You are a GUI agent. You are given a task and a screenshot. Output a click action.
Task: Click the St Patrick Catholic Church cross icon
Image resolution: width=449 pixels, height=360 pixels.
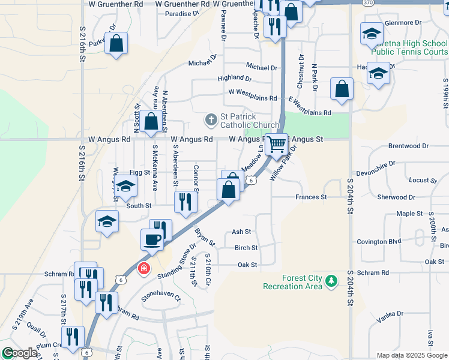[x=211, y=120]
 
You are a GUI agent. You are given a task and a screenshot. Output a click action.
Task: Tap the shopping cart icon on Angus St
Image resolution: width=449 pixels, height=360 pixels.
[x=276, y=144]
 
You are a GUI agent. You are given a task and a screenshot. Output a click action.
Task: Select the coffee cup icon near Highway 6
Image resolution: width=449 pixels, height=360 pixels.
[x=152, y=239]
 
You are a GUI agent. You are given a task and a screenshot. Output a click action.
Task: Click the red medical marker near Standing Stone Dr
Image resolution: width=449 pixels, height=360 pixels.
[x=143, y=268]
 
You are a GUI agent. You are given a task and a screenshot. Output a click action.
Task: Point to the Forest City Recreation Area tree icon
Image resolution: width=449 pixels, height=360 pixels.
[x=330, y=280]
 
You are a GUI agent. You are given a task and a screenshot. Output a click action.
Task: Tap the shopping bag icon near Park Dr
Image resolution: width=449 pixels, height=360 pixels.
[x=116, y=43]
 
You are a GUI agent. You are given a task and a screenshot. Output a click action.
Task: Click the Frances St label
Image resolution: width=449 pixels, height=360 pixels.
[x=311, y=197]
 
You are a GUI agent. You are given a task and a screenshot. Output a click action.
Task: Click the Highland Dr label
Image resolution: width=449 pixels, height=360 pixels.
[x=235, y=78]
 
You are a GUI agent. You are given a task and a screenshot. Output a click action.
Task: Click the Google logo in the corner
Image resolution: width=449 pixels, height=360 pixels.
[x=20, y=353]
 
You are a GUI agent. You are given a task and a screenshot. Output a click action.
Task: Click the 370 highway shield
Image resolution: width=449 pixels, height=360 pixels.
[x=369, y=3]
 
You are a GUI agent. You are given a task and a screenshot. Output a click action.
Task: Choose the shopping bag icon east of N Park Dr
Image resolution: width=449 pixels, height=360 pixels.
[x=342, y=89]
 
